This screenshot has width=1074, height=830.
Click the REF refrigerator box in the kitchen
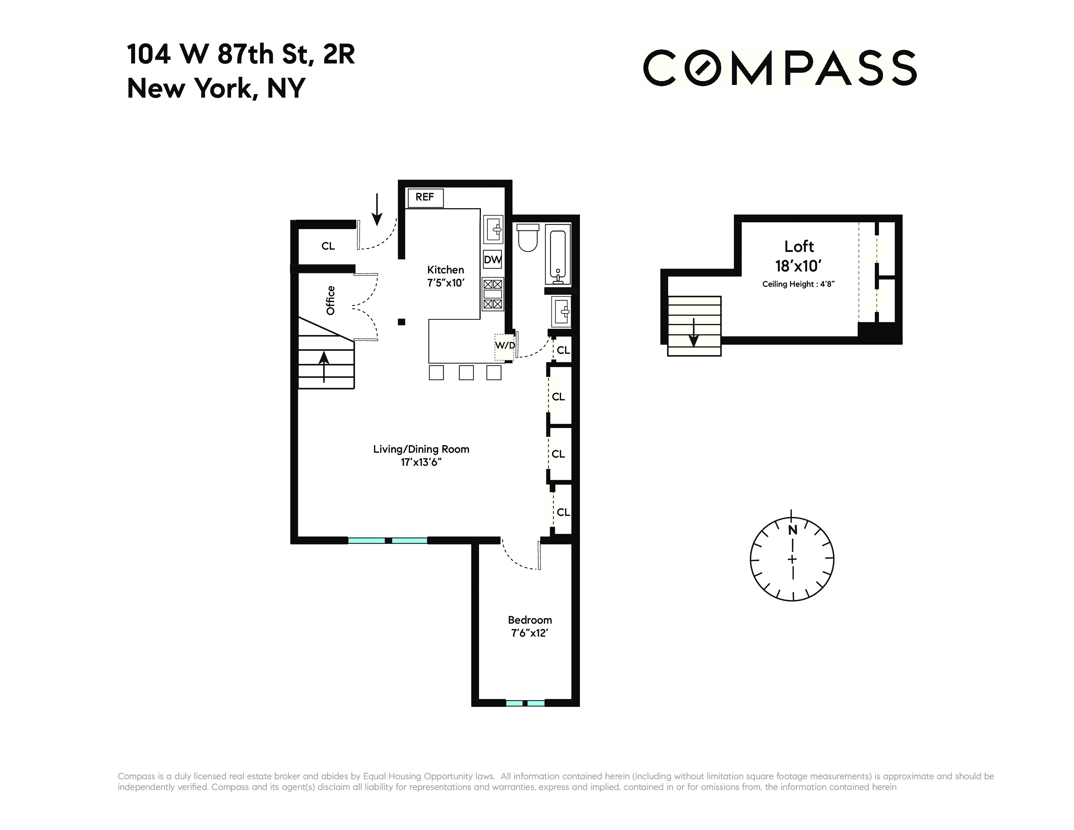(x=425, y=198)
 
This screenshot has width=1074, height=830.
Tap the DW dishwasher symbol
(x=493, y=260)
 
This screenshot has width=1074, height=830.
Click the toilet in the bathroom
(x=528, y=238)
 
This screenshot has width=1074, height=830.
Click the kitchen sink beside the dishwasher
(x=493, y=229)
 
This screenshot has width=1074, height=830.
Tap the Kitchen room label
(x=446, y=270)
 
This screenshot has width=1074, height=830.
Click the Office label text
(x=330, y=300)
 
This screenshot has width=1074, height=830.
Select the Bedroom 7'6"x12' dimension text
(x=530, y=633)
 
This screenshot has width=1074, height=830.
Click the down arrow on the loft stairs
(x=693, y=333)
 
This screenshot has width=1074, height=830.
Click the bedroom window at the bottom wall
(x=525, y=703)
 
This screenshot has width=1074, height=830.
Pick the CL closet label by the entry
(x=328, y=246)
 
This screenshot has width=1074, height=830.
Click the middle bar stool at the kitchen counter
(x=466, y=372)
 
